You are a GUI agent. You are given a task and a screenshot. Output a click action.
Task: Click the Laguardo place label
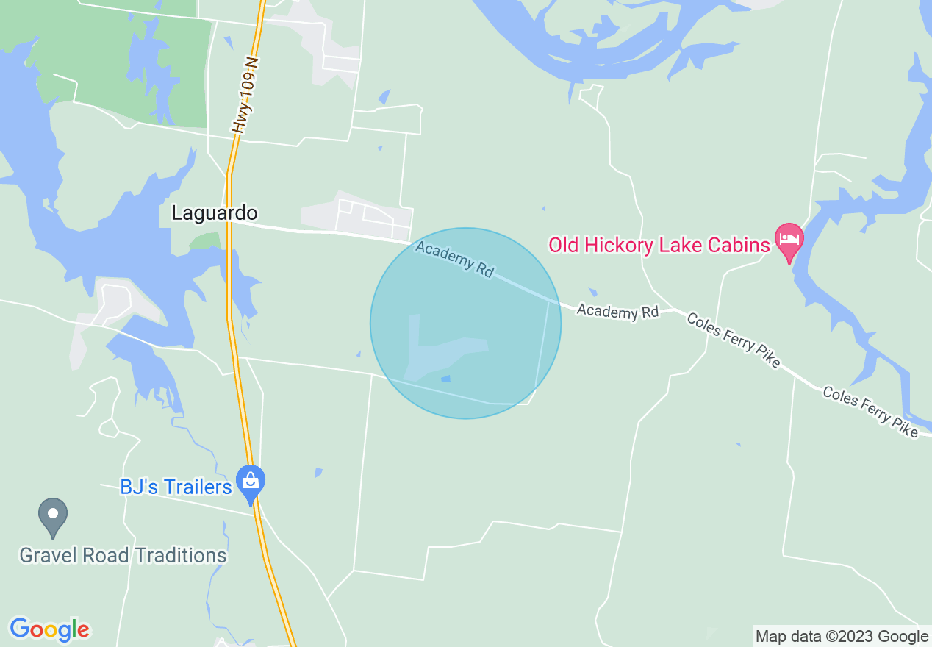pyautogui.click(x=214, y=213)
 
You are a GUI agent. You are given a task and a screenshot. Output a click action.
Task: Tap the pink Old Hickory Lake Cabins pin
pyautogui.click(x=789, y=240)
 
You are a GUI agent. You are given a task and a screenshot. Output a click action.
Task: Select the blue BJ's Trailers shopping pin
pyautogui.click(x=251, y=482)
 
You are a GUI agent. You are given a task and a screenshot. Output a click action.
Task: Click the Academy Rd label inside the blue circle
pyautogui.click(x=454, y=259)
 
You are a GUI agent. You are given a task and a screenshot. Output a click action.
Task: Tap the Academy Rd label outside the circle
pyautogui.click(x=617, y=312)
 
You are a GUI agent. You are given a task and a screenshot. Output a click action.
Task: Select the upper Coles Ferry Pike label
pyautogui.click(x=732, y=340)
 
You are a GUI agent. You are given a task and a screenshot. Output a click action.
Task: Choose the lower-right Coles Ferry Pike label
pyautogui.click(x=870, y=412)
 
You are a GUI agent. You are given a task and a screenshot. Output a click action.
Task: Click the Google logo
pyautogui.click(x=49, y=629)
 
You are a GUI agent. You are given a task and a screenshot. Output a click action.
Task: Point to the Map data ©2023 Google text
pyautogui.click(x=842, y=637)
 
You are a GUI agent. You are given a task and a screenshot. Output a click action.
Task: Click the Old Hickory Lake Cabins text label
pyautogui.click(x=659, y=245)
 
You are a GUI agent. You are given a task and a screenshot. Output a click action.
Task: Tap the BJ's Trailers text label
pyautogui.click(x=176, y=487)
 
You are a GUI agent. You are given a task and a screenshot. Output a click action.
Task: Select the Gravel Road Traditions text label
pyautogui.click(x=123, y=555)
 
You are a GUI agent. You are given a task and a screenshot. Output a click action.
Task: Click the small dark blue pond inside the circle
pyautogui.click(x=445, y=379)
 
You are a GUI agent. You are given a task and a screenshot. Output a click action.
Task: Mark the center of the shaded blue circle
pyautogui.click(x=465, y=323)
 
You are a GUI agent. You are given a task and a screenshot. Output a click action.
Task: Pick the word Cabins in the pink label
pyautogui.click(x=738, y=245)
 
